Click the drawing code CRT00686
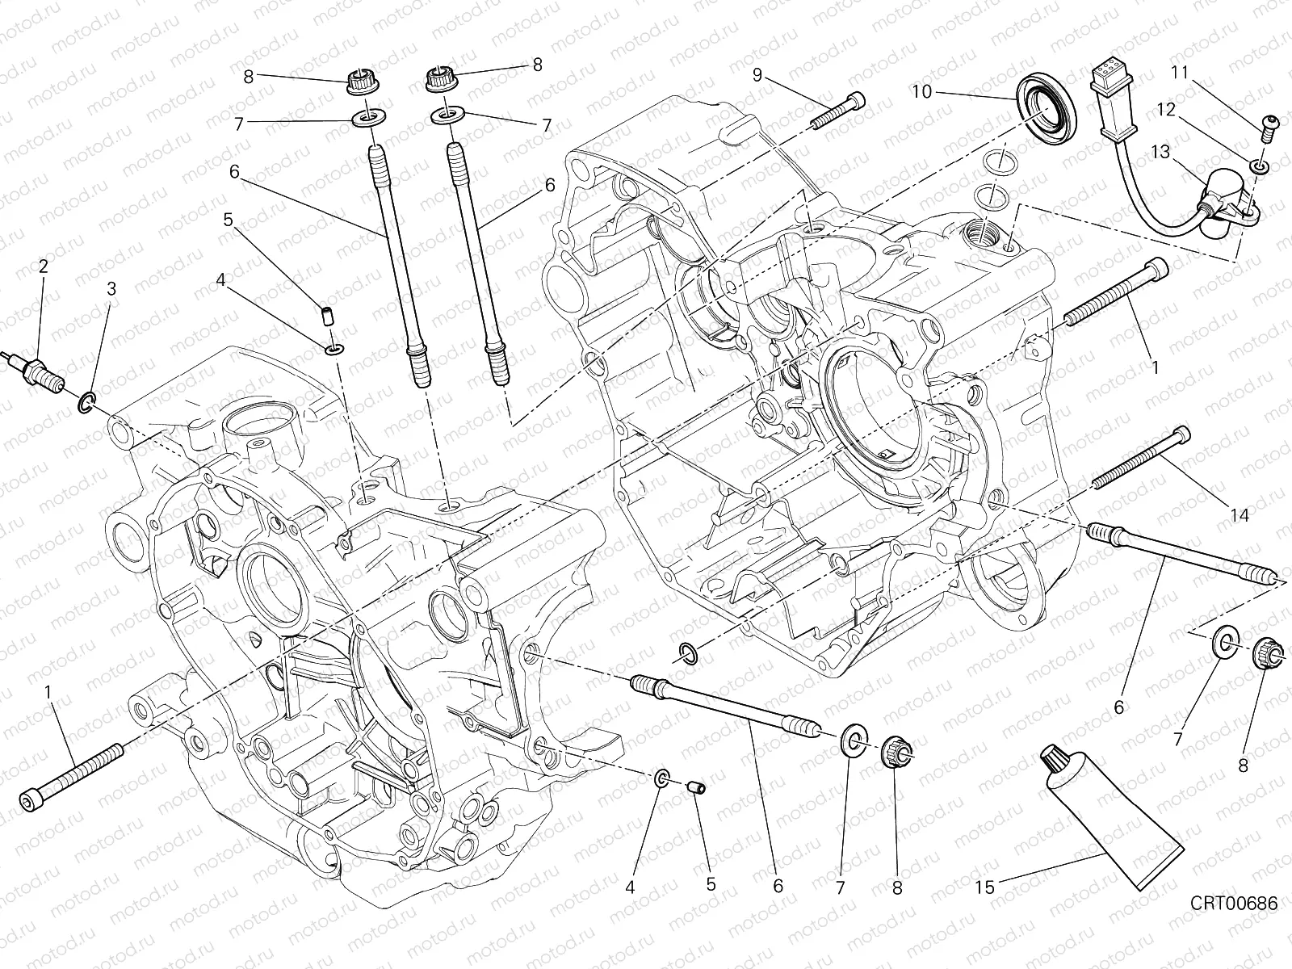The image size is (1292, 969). pos(1233,904)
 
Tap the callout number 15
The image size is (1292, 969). pos(985,886)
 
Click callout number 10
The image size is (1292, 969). pos(922,92)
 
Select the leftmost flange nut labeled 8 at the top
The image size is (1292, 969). pos(358,82)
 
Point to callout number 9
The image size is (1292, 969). pos(757,75)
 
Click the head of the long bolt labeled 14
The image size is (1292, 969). pos(1183,434)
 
